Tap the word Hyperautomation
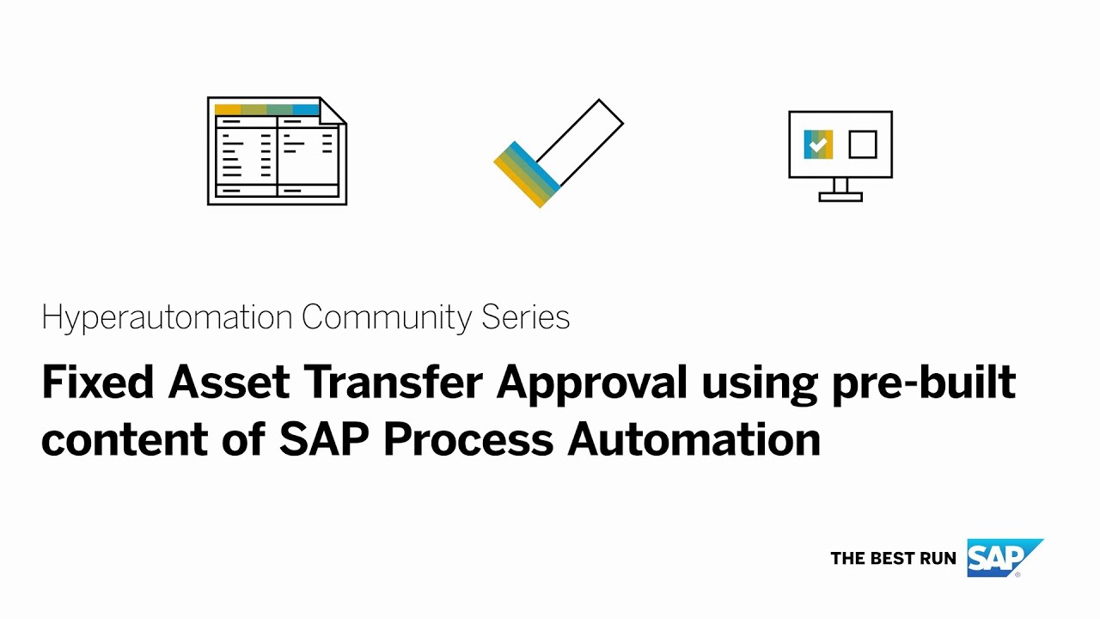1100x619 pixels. tap(168, 318)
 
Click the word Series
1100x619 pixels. tap(525, 318)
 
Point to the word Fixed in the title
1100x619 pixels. tap(97, 383)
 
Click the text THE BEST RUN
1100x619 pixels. tap(893, 558)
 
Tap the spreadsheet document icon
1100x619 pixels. tap(277, 151)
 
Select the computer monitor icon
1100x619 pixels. tap(840, 146)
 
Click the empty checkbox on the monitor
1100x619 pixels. tap(862, 144)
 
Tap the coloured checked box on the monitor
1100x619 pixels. tap(818, 144)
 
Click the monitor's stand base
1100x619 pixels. tap(840, 197)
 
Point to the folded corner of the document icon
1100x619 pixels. tap(333, 110)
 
